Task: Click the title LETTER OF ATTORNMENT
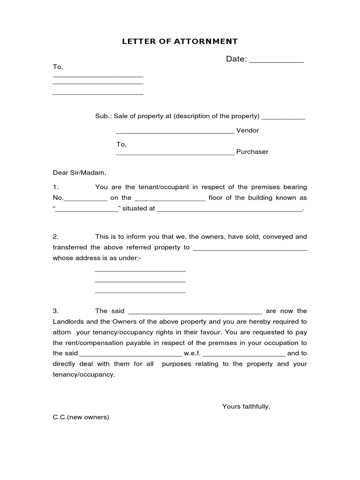[180, 41]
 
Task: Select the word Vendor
[247, 131]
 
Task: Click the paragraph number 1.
[55, 187]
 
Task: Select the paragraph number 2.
[55, 237]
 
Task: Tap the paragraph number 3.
[55, 311]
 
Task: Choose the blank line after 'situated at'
[230, 211]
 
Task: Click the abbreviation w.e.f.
[192, 353]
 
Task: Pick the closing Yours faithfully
[246, 406]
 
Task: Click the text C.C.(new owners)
[81, 417]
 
